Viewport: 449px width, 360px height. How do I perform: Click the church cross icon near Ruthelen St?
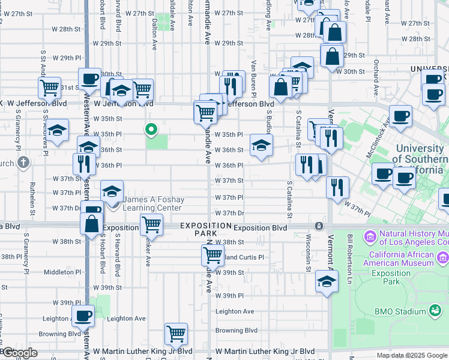pos(23,163)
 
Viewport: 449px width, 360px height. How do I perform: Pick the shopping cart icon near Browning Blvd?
pos(176,333)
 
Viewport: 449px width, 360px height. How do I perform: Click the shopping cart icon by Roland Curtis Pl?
pos(213,255)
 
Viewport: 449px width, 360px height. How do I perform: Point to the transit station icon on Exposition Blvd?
pos(319,226)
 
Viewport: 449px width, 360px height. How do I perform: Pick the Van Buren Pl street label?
pos(255,78)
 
